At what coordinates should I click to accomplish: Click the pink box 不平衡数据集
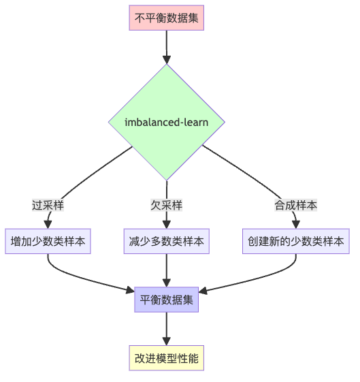pos(166,18)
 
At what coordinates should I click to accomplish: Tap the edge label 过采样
pos(48,205)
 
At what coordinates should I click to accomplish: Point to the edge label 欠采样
pos(166,205)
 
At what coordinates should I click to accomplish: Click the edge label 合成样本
pos(296,205)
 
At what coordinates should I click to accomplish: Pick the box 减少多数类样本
pos(166,241)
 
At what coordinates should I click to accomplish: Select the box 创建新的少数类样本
pos(296,241)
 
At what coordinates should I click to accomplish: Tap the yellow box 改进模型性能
pos(166,358)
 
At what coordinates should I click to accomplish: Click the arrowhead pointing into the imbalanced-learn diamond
pos(166,60)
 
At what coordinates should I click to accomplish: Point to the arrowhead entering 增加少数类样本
pos(48,223)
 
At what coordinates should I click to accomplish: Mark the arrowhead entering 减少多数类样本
pos(166,223)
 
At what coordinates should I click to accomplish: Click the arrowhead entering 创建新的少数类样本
pos(296,223)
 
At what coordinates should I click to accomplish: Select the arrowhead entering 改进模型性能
pos(166,341)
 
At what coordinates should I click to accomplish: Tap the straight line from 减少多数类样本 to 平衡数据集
pos(166,269)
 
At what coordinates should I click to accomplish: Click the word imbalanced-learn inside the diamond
pos(166,123)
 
